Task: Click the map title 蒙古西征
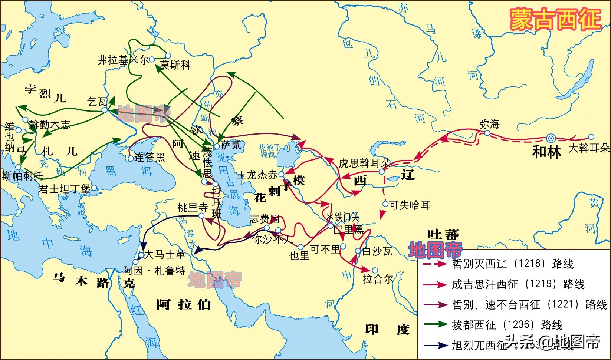coord(555,19)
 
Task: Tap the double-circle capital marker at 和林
coord(551,139)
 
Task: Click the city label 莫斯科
coord(175,65)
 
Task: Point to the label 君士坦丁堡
coord(64,189)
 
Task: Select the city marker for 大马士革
coord(141,255)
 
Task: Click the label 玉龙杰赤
coord(257,175)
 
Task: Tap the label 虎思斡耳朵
coord(364,163)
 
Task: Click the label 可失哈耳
coord(410,205)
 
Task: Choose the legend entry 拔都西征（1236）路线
coord(507,325)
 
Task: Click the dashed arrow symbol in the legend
coord(435,264)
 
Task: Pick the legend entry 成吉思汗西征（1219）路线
coord(518,284)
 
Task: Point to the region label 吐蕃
coord(443,235)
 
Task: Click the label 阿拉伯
coord(184,305)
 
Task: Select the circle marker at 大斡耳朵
coord(591,137)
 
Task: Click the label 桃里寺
coord(193,208)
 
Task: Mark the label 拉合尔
coord(378,279)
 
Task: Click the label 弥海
coord(489,124)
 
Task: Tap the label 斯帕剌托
coord(23,175)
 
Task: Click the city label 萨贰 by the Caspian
coord(231,145)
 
